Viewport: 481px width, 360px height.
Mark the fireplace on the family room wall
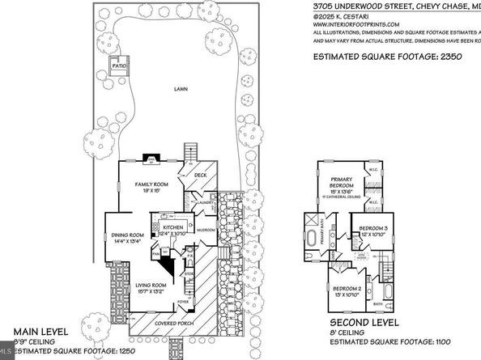pyautogui.click(x=147, y=160)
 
